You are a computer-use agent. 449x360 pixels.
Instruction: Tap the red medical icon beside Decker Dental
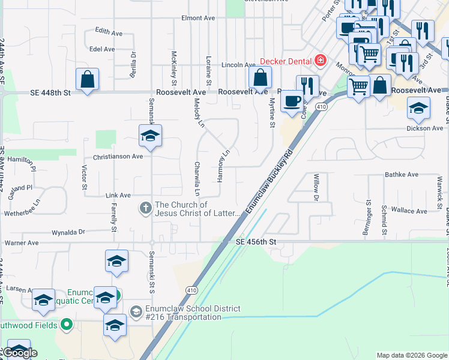click(321, 61)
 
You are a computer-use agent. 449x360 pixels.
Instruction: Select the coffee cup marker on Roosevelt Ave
click(292, 101)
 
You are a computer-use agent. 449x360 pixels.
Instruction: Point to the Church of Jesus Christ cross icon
click(145, 209)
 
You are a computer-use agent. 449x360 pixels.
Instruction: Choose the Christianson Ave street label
click(118, 157)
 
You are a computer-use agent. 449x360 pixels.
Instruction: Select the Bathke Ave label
click(402, 175)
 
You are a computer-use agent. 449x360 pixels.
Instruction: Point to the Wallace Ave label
click(409, 211)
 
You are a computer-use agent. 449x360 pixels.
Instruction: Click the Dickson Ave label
click(424, 128)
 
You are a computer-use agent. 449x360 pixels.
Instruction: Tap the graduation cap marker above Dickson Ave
click(418, 108)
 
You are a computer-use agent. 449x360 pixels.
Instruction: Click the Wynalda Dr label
click(69, 231)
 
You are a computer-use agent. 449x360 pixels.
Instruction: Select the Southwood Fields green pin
click(67, 325)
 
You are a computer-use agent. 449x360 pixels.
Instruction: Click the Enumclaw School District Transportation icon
click(136, 311)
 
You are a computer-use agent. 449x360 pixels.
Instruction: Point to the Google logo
click(20, 353)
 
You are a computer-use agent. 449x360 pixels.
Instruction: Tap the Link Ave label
click(118, 195)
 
